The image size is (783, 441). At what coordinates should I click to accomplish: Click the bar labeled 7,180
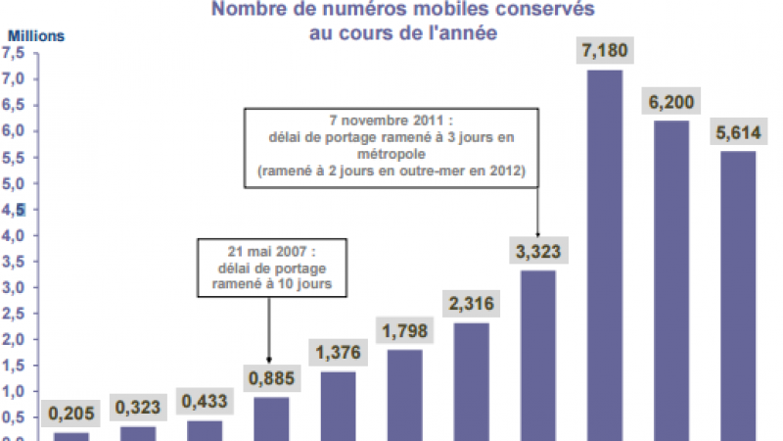(x=605, y=255)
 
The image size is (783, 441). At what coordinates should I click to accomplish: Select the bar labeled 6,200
(x=670, y=279)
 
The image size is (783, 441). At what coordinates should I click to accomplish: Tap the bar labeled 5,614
(x=737, y=294)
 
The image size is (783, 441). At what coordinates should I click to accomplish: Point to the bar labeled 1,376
(x=339, y=405)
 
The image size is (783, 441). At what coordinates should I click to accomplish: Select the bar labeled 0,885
(x=271, y=417)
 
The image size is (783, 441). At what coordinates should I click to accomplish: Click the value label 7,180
(x=605, y=50)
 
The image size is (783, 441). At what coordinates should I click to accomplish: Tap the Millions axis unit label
(x=36, y=36)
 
